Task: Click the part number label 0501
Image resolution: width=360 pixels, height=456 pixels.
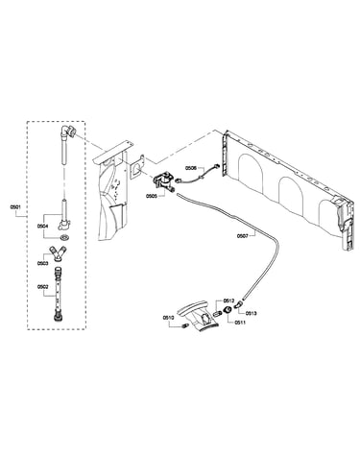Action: (15, 207)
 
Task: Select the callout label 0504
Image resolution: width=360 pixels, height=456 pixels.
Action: (42, 226)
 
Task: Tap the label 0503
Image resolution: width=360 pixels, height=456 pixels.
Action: (42, 263)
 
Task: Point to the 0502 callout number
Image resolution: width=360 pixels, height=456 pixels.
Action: (42, 287)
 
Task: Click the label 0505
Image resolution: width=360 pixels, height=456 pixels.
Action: (151, 197)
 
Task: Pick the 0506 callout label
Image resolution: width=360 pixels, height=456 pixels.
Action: (190, 167)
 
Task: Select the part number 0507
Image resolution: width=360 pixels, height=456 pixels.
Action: (242, 236)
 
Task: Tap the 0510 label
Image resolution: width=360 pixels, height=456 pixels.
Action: (168, 318)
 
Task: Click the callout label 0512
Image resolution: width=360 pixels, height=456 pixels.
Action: (229, 300)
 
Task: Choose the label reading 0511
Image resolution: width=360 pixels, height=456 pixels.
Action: (240, 323)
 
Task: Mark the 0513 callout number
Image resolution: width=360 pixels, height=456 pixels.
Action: (252, 313)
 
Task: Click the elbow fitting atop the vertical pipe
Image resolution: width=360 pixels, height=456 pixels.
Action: (67, 132)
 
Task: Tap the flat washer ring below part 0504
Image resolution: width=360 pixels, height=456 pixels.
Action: (64, 238)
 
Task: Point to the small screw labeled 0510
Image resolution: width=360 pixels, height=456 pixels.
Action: (184, 326)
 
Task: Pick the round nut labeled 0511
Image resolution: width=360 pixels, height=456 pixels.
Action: (228, 310)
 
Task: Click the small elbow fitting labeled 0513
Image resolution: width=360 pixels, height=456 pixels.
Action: (237, 306)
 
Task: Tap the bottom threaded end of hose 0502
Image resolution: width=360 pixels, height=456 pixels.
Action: (59, 318)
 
